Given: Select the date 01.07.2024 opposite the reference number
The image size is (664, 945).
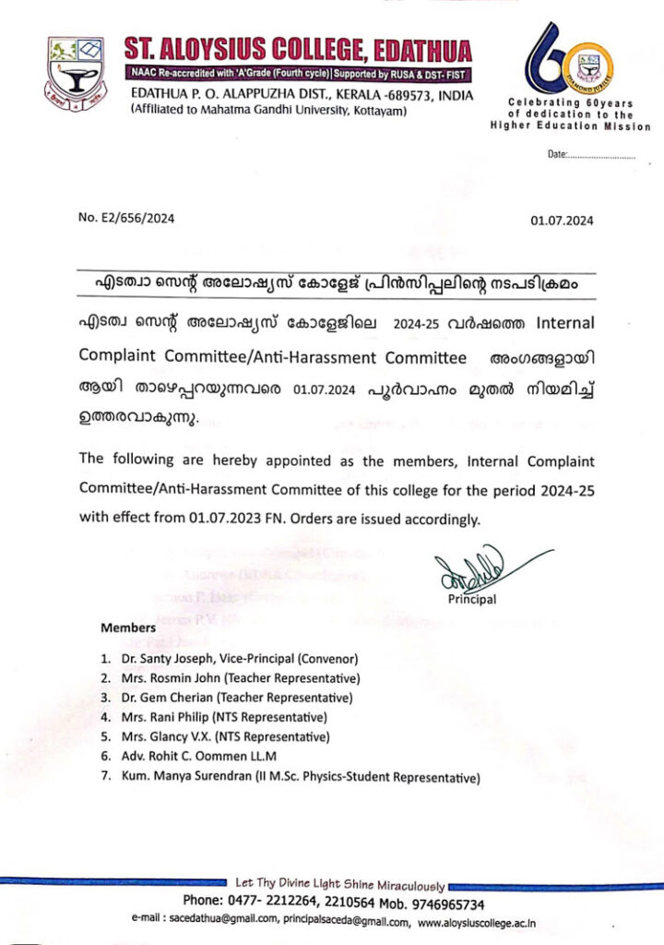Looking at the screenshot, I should coord(562,221).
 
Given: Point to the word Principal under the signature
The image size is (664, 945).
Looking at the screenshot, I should coord(472,600).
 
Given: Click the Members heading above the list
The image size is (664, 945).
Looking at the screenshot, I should coord(128,628).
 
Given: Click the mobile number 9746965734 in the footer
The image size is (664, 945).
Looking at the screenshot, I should coord(439,903).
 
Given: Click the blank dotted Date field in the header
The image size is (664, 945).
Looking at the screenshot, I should coord(600,155).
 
